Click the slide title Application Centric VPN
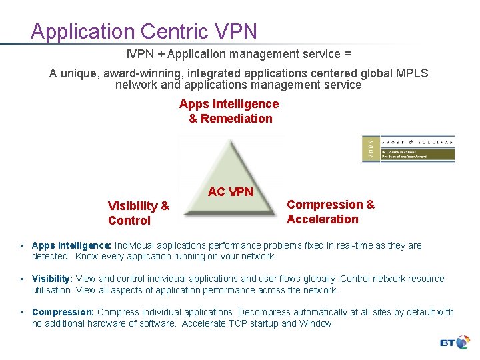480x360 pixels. click(x=143, y=31)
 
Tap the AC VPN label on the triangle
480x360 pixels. click(x=230, y=192)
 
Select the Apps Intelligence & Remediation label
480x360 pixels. click(x=229, y=111)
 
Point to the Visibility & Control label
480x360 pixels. click(x=139, y=213)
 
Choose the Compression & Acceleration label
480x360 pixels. click(x=331, y=212)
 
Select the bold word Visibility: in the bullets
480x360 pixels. click(x=53, y=279)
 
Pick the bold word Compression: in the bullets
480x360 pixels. click(x=63, y=312)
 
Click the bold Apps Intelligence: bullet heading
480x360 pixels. click(x=72, y=245)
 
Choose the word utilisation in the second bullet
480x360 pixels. click(x=53, y=290)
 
